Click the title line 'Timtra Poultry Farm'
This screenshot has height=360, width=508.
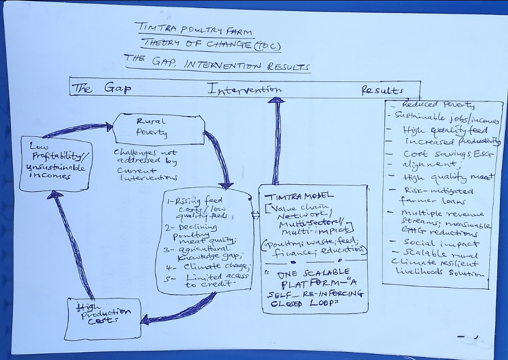point(193,30)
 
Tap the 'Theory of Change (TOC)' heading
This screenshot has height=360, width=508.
point(210,46)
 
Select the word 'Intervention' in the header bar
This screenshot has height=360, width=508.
point(244,90)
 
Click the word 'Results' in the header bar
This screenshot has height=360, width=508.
point(383,91)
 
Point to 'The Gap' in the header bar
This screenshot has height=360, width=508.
point(101,89)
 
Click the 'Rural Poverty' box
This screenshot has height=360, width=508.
point(158,128)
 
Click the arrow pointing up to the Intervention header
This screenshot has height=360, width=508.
point(276,141)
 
